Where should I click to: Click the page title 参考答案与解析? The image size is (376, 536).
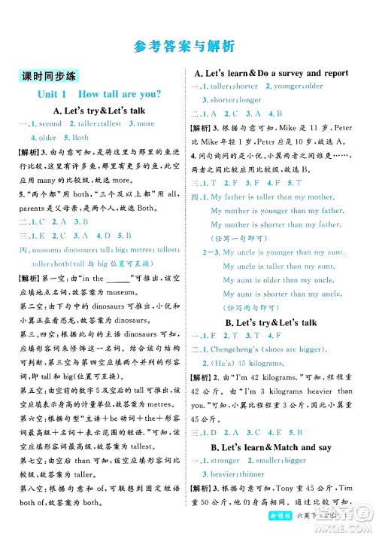[187, 44]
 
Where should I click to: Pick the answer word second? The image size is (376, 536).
[50, 123]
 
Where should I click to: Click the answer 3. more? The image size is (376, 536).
[141, 123]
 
